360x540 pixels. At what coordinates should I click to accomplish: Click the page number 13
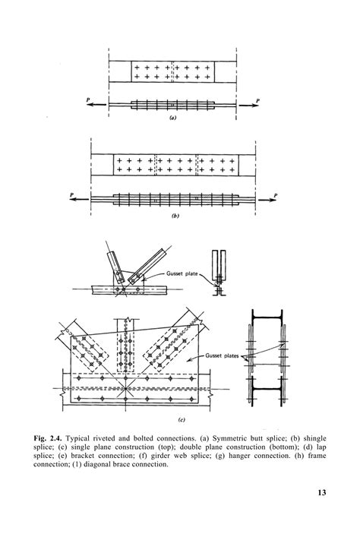click(321, 493)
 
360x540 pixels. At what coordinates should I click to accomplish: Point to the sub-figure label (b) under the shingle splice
click(175, 216)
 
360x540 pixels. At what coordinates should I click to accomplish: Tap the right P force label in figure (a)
click(257, 99)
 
